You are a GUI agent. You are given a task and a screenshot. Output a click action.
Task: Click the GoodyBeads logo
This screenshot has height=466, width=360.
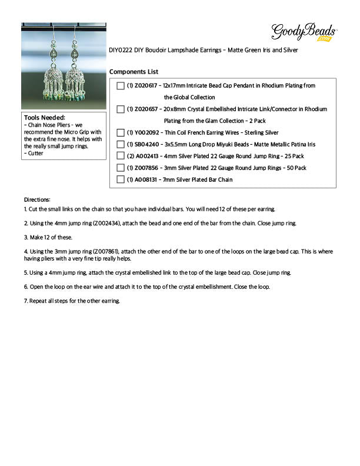[304, 32]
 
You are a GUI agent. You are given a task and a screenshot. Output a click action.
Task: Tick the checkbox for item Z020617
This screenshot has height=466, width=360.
[121, 86]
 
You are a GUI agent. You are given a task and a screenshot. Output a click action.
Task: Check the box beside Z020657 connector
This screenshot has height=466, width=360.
[121, 109]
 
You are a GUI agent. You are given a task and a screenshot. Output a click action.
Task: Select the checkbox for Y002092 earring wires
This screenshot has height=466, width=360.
[121, 133]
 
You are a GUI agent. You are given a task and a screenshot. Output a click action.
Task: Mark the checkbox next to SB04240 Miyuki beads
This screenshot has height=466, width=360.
[121, 145]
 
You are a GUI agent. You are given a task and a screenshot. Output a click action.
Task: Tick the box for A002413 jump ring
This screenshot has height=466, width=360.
[121, 157]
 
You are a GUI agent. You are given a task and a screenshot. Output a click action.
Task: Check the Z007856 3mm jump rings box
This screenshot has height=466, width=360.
[121, 168]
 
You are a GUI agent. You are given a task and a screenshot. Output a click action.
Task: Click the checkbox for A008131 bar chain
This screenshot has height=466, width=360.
[121, 180]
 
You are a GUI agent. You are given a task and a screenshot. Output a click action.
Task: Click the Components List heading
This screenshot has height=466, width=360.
[134, 72]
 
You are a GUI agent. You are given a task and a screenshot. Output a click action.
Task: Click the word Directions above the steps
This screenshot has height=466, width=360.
[37, 199]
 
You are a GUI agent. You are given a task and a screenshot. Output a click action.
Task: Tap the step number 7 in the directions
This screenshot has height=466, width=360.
[26, 301]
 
